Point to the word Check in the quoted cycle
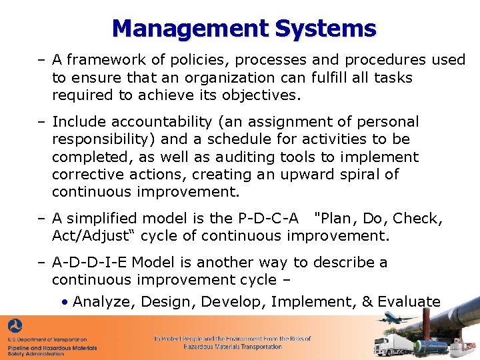point(417,218)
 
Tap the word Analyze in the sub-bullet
point(102,301)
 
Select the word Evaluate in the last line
point(409,301)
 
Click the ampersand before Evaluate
point(367,301)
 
